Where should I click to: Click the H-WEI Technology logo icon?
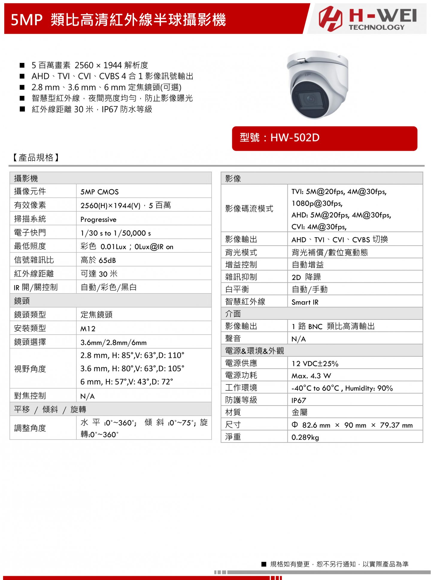(330, 19)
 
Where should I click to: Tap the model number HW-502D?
(295, 138)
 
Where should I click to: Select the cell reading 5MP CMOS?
(99, 192)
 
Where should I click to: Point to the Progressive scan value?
(98, 219)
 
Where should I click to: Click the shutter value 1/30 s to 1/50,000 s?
(116, 233)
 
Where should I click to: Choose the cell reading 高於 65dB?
(98, 260)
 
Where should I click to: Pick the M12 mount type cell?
(88, 329)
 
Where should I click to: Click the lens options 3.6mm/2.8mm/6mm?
(113, 343)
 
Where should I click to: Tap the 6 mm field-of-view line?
(127, 382)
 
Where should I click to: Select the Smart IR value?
(305, 302)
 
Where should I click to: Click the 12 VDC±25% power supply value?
(315, 364)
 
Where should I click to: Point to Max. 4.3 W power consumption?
(311, 376)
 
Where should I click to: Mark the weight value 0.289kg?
(305, 437)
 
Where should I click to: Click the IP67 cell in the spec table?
(299, 401)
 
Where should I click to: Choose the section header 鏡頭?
(22, 301)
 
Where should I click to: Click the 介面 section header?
(233, 314)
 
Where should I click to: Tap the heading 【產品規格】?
(36, 158)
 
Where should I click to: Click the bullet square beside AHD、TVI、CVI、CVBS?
(22, 76)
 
